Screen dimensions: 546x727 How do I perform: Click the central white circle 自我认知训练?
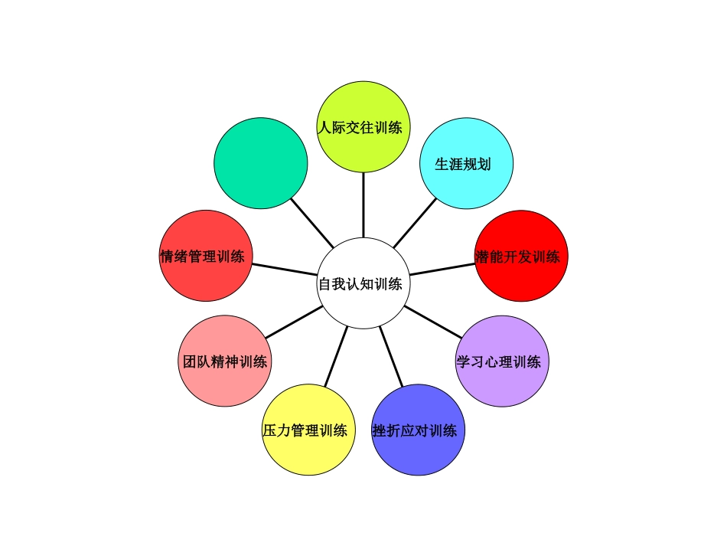click(363, 283)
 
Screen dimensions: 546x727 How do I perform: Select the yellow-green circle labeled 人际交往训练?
click(363, 126)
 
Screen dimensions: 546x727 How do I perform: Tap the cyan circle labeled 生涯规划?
click(467, 162)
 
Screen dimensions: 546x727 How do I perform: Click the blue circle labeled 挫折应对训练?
click(418, 430)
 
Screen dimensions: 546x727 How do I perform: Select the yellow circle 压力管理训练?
click(308, 430)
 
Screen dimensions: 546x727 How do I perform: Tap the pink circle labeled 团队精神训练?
click(225, 360)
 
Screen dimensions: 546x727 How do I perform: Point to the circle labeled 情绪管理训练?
click(206, 256)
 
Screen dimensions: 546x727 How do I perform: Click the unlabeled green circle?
click(260, 162)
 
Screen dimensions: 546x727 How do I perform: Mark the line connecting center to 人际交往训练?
click(363, 204)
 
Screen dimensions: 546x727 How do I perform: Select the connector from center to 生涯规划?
click(415, 223)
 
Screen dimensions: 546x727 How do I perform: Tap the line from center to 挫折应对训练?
click(390, 356)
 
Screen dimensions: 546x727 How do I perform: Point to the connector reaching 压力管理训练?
click(336, 356)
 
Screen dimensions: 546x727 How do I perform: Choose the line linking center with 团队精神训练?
click(293, 322)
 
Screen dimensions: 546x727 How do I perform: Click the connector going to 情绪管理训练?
click(285, 270)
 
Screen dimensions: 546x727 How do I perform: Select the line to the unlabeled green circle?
click(312, 222)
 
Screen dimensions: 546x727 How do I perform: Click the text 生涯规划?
click(463, 164)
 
